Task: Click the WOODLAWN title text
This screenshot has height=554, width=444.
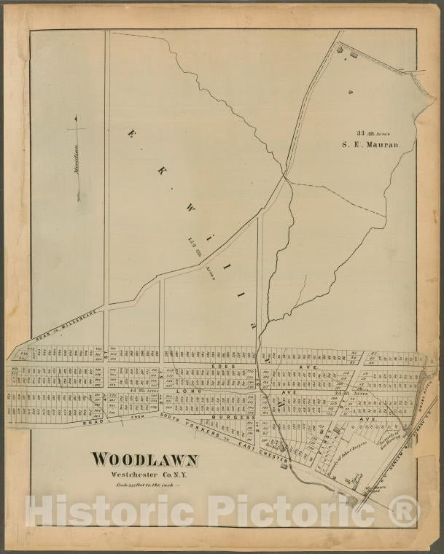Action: coord(144,460)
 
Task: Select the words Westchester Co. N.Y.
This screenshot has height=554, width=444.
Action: coord(144,476)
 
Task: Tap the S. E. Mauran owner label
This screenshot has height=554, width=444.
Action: coord(370,145)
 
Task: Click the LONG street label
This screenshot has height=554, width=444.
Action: coord(187,391)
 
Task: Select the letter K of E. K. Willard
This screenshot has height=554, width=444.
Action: coord(159,169)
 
